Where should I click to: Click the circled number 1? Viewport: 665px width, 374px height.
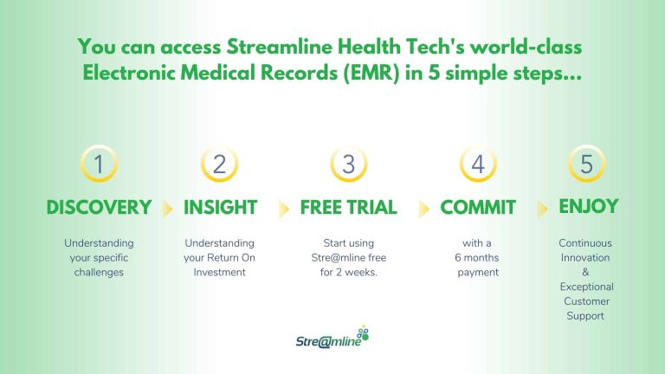99,164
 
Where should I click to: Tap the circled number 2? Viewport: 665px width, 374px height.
220,164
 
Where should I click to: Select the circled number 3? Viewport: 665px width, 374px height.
348,164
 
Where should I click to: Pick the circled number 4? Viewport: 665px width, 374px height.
478,164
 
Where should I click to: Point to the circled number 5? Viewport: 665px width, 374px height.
586,164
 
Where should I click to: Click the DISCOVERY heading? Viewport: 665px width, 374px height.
99,208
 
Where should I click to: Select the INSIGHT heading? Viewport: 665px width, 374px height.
220,208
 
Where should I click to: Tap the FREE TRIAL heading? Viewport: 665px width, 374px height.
348,208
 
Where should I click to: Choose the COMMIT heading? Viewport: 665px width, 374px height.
478,208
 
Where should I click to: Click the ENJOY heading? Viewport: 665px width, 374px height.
589,206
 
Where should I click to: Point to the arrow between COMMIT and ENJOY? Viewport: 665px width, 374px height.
543,209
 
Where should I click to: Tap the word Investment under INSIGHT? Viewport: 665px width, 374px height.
220,272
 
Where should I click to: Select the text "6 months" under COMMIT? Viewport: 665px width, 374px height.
477,258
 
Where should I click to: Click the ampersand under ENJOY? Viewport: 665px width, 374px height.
585,272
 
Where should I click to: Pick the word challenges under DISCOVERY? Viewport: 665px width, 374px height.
99,272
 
